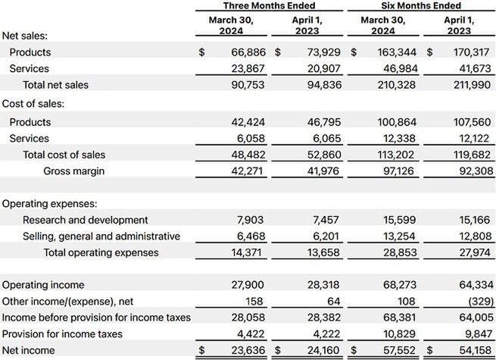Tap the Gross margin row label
tap(73, 171)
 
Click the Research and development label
tap(86, 220)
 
